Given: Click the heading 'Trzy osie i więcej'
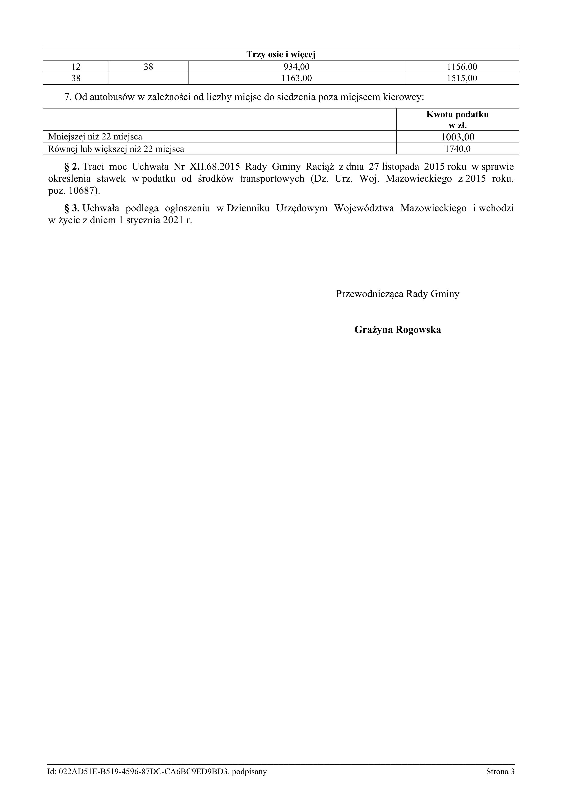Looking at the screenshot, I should tap(281, 54).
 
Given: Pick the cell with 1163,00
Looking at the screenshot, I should tap(296, 78).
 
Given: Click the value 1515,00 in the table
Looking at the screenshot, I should tap(462, 78).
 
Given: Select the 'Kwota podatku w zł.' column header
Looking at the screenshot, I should tap(458, 119).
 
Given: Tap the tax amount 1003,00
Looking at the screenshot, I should tap(458, 137).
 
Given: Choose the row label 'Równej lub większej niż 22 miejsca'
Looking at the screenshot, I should tap(116, 149).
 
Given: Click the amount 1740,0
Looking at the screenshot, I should tap(458, 149).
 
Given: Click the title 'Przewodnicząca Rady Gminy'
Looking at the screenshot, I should tap(397, 294).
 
